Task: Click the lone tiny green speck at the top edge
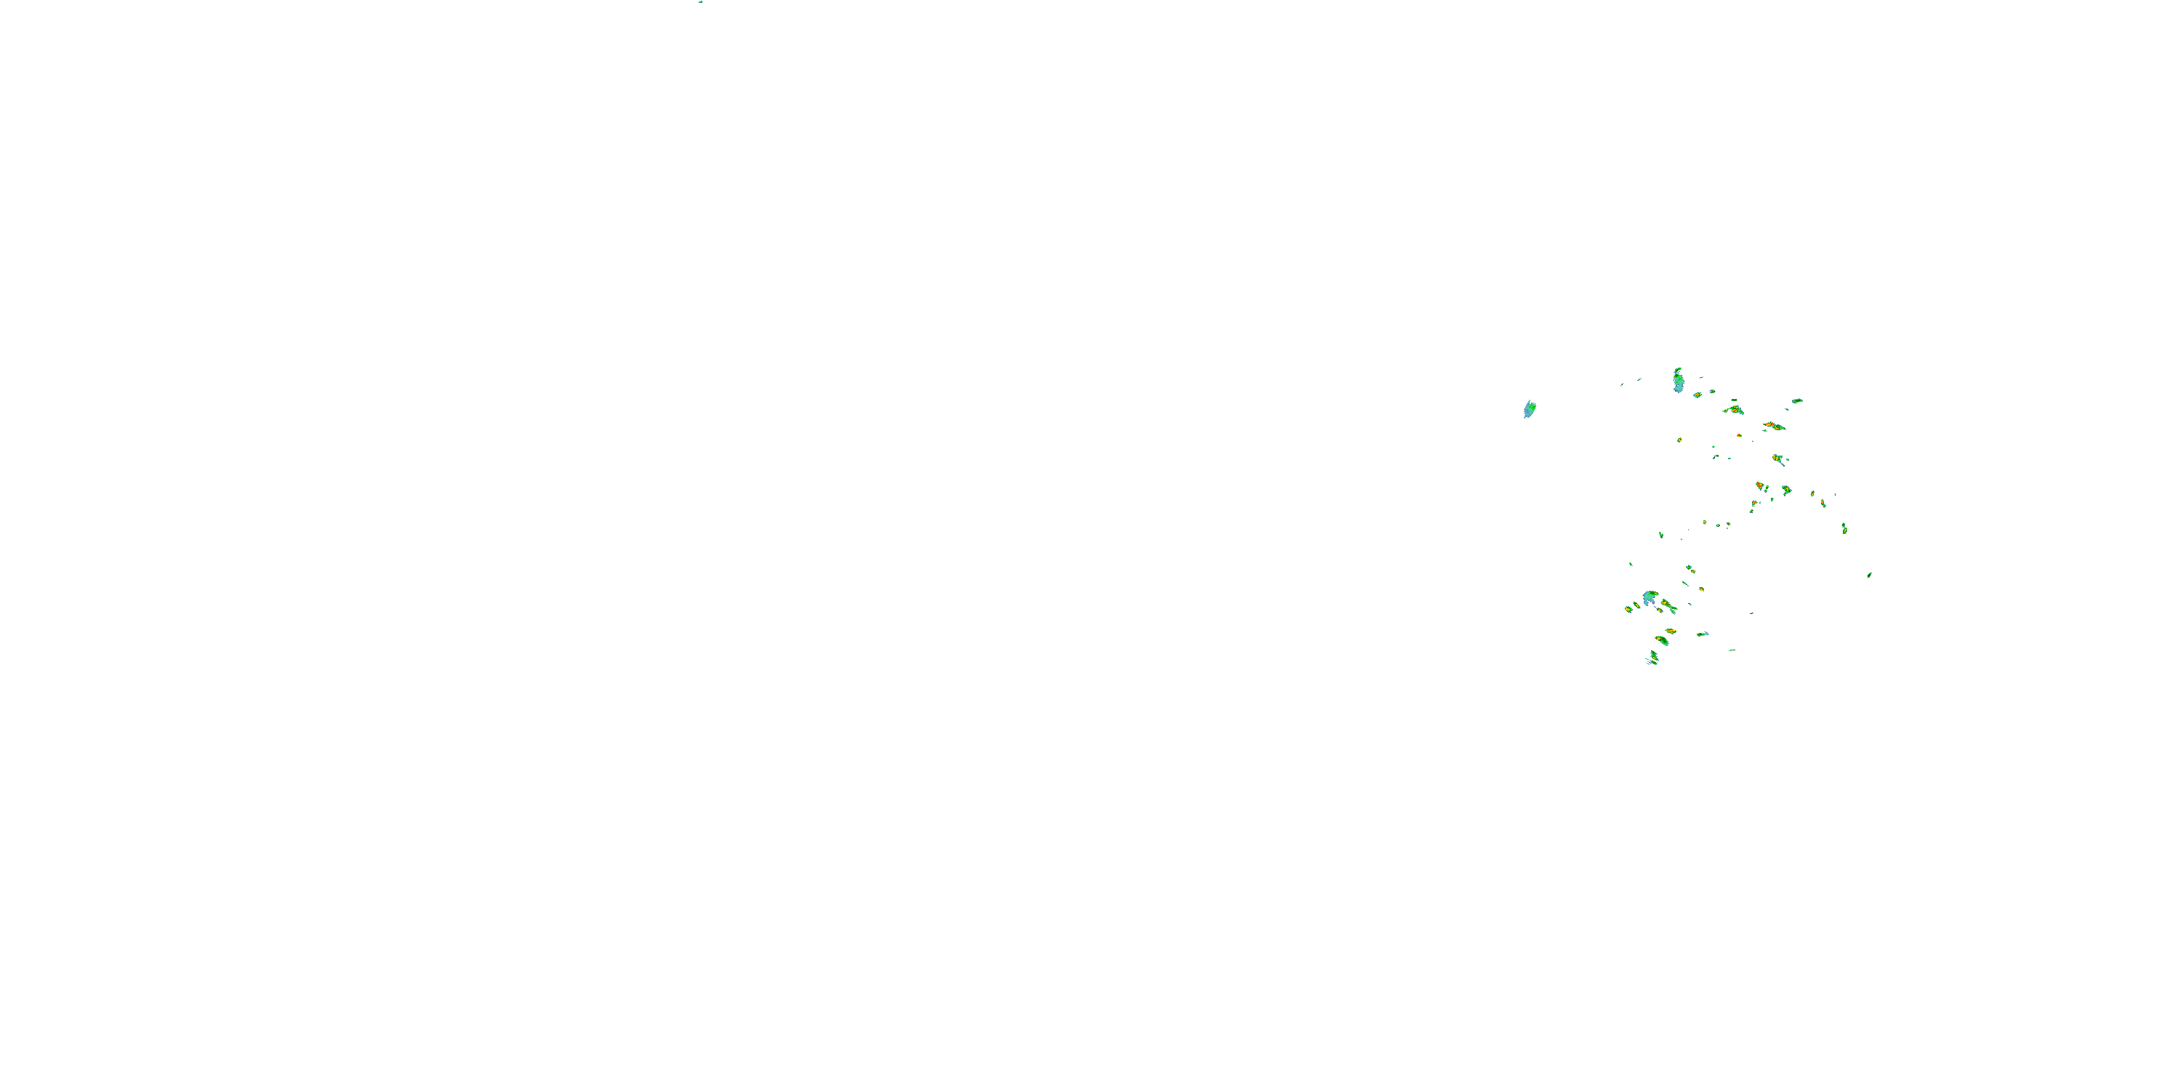point(701,1)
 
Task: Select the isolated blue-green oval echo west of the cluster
point(1529,410)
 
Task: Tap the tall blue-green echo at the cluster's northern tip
point(1678,381)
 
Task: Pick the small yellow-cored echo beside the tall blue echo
point(1697,395)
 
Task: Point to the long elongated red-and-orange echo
point(1773,426)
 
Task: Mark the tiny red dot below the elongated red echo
point(1739,435)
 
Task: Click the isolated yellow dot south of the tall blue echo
point(1680,440)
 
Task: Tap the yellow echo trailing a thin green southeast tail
point(1778,459)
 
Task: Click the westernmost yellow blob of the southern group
point(1629,608)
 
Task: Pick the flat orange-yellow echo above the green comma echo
point(1671,631)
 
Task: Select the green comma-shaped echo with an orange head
point(1662,641)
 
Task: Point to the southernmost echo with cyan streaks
point(1652,658)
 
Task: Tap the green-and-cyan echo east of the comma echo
point(1702,634)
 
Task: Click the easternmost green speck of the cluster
point(1870,576)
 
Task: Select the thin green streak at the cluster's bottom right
point(1732,650)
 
